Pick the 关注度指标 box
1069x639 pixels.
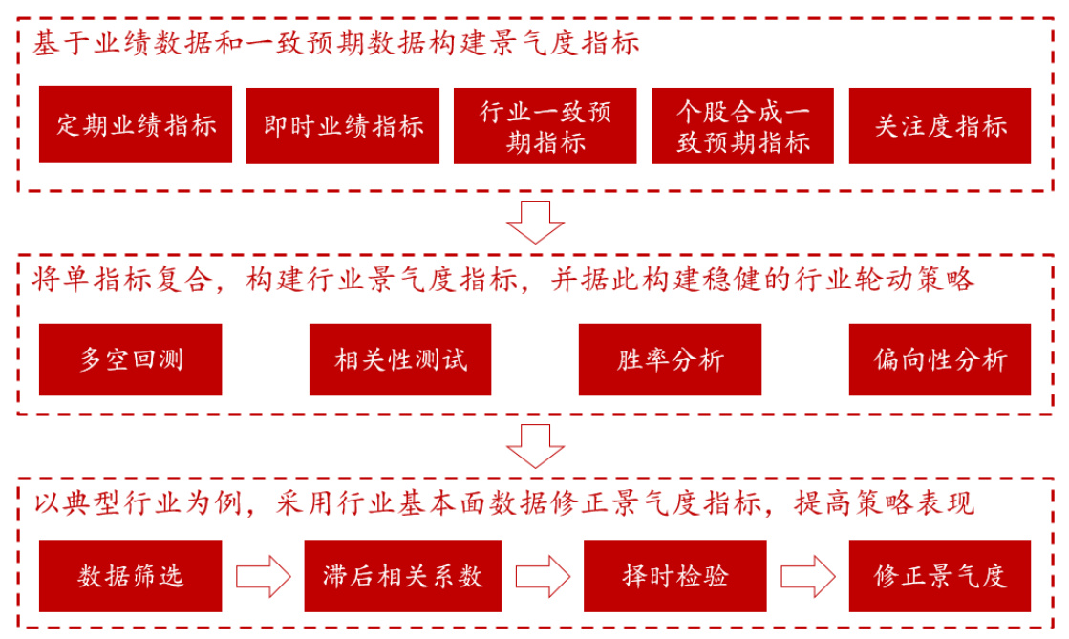(940, 125)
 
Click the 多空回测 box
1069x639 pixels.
(130, 359)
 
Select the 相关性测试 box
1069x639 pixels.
(400, 359)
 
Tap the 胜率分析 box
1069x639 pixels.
(670, 359)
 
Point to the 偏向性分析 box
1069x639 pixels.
(940, 359)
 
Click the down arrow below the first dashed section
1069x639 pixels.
(534, 222)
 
